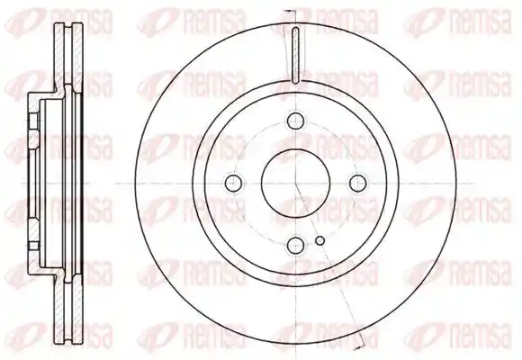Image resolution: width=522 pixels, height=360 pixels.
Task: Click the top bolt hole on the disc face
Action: (x=295, y=121)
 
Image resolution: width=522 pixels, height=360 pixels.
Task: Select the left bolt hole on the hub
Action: (x=234, y=183)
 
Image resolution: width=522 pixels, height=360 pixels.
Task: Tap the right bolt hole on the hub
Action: (x=358, y=183)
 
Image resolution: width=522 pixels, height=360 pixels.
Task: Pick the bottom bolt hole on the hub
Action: (x=295, y=245)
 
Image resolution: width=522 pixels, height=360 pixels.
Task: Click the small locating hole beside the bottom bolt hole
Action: (x=319, y=240)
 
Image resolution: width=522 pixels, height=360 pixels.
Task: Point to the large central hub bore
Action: (x=295, y=183)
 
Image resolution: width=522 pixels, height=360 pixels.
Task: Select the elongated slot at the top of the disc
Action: (x=295, y=55)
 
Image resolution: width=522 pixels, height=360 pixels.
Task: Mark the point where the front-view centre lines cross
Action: (x=295, y=183)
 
